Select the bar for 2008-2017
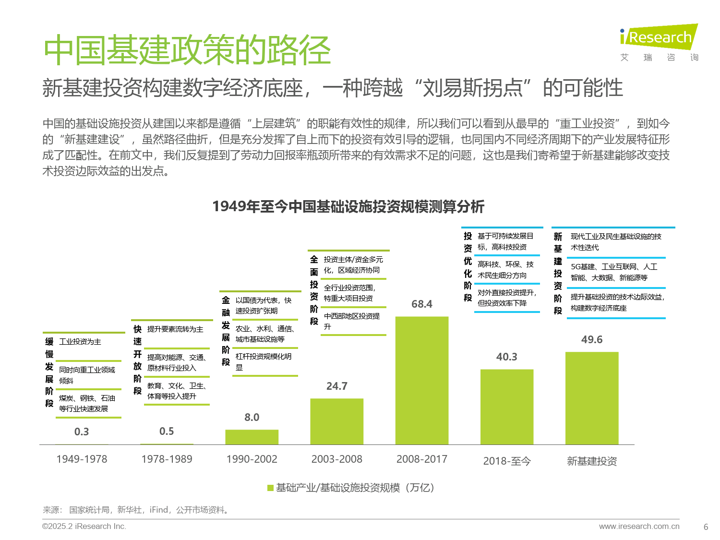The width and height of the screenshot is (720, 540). (x=421, y=380)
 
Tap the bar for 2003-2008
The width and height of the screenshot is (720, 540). (x=336, y=421)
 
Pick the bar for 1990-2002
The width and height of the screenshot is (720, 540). (x=252, y=437)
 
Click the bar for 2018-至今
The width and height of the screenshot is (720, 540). (x=506, y=407)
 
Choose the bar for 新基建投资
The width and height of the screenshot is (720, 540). (x=591, y=398)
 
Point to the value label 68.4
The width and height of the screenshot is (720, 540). (x=421, y=304)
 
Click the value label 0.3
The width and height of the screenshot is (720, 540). (x=82, y=432)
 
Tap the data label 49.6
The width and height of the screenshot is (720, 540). (x=591, y=340)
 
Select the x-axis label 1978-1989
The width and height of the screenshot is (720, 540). (x=167, y=459)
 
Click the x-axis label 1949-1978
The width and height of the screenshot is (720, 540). (x=82, y=459)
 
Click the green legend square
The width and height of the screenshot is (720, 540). (x=270, y=488)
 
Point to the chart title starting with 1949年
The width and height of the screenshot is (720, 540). (x=348, y=206)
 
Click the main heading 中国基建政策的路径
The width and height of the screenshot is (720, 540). (x=187, y=50)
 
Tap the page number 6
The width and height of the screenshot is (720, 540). (x=706, y=527)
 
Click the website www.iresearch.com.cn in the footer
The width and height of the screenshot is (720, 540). (x=639, y=527)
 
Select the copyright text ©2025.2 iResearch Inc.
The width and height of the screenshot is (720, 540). (x=84, y=527)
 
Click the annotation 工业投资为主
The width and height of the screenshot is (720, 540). (x=80, y=342)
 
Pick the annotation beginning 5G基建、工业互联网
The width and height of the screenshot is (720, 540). (x=613, y=272)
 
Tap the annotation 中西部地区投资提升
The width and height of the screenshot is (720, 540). (x=351, y=321)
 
